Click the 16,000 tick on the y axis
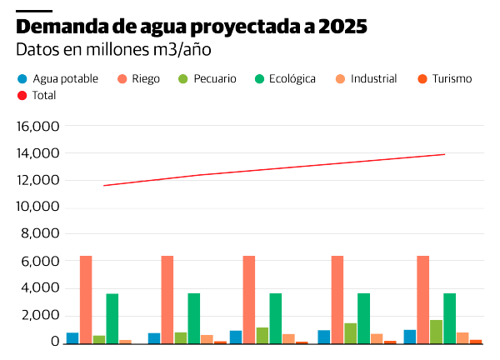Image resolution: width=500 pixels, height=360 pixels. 37,127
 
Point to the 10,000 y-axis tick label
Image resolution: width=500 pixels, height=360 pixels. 37,207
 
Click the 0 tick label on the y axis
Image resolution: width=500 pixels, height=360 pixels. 55,342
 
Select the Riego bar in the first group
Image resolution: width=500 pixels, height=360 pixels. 86,299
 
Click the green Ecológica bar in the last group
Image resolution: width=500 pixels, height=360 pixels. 449,317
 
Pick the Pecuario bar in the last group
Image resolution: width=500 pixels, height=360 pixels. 436,331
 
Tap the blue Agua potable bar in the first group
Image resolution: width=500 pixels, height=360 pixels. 72,337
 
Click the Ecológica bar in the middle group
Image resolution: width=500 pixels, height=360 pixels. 275,317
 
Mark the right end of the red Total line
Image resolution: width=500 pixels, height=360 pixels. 445,154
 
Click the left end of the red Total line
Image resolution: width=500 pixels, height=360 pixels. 103,186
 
